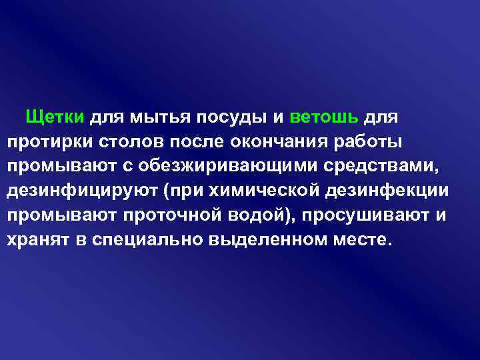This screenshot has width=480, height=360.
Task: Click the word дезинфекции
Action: pos(387,190)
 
